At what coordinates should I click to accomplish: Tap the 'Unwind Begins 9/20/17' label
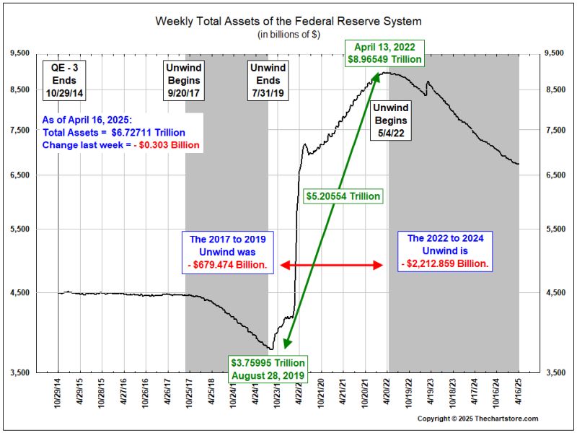182,80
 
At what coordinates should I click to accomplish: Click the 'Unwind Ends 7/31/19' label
268,80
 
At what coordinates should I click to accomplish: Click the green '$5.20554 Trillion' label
342,196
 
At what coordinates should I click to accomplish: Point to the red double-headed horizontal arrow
331,265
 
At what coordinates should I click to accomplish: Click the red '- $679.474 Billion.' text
229,264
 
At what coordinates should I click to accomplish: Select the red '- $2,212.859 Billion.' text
444,264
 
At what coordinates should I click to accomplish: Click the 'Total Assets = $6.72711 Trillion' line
113,133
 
